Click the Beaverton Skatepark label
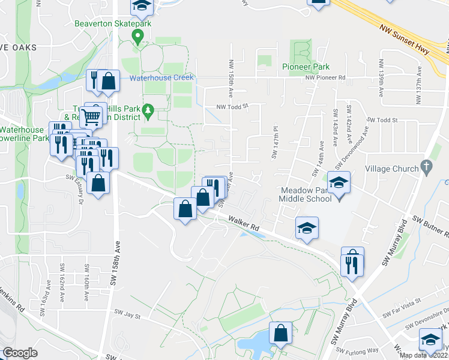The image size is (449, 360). pos(112,24)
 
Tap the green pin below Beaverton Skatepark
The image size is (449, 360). pos(137,38)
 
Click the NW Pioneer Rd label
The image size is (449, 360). pos(325,78)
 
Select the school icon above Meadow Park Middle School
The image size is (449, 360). pos(339,182)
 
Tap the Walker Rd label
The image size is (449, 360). pos(243,224)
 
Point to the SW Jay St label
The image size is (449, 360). pos(127,314)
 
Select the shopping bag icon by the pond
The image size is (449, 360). pos(280,332)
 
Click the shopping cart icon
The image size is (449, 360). pos(91,115)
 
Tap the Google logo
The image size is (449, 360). pos(20,353)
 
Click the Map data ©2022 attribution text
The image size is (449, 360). pos(423,355)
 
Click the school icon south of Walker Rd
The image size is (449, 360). pos(307,228)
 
